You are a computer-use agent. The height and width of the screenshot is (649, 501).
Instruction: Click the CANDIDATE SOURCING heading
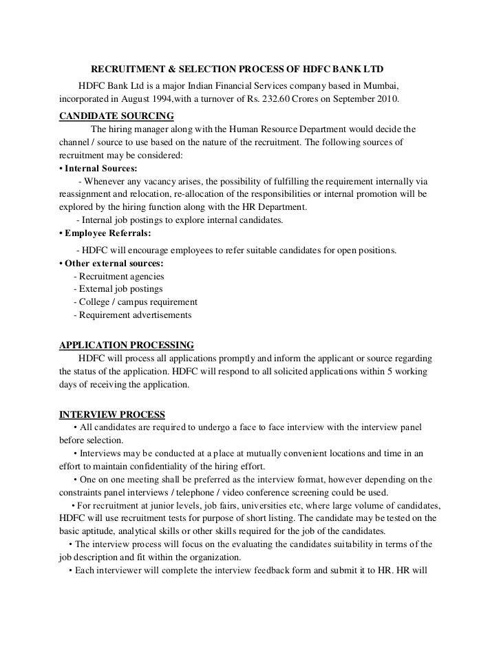(117, 115)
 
